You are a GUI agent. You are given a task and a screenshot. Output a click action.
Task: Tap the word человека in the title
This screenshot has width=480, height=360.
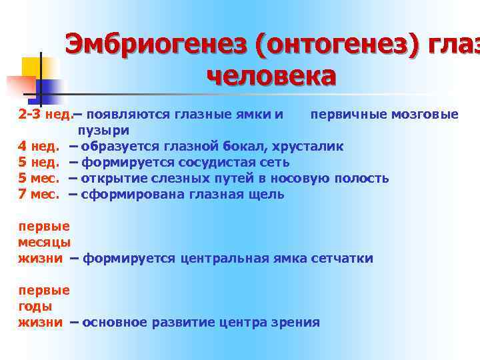click(x=271, y=77)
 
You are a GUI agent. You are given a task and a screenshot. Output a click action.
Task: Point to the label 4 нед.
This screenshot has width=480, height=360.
click(x=39, y=146)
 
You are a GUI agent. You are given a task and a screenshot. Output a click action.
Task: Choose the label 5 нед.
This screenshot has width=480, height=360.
click(x=39, y=162)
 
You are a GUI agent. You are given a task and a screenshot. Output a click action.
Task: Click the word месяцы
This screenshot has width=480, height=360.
click(x=45, y=242)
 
